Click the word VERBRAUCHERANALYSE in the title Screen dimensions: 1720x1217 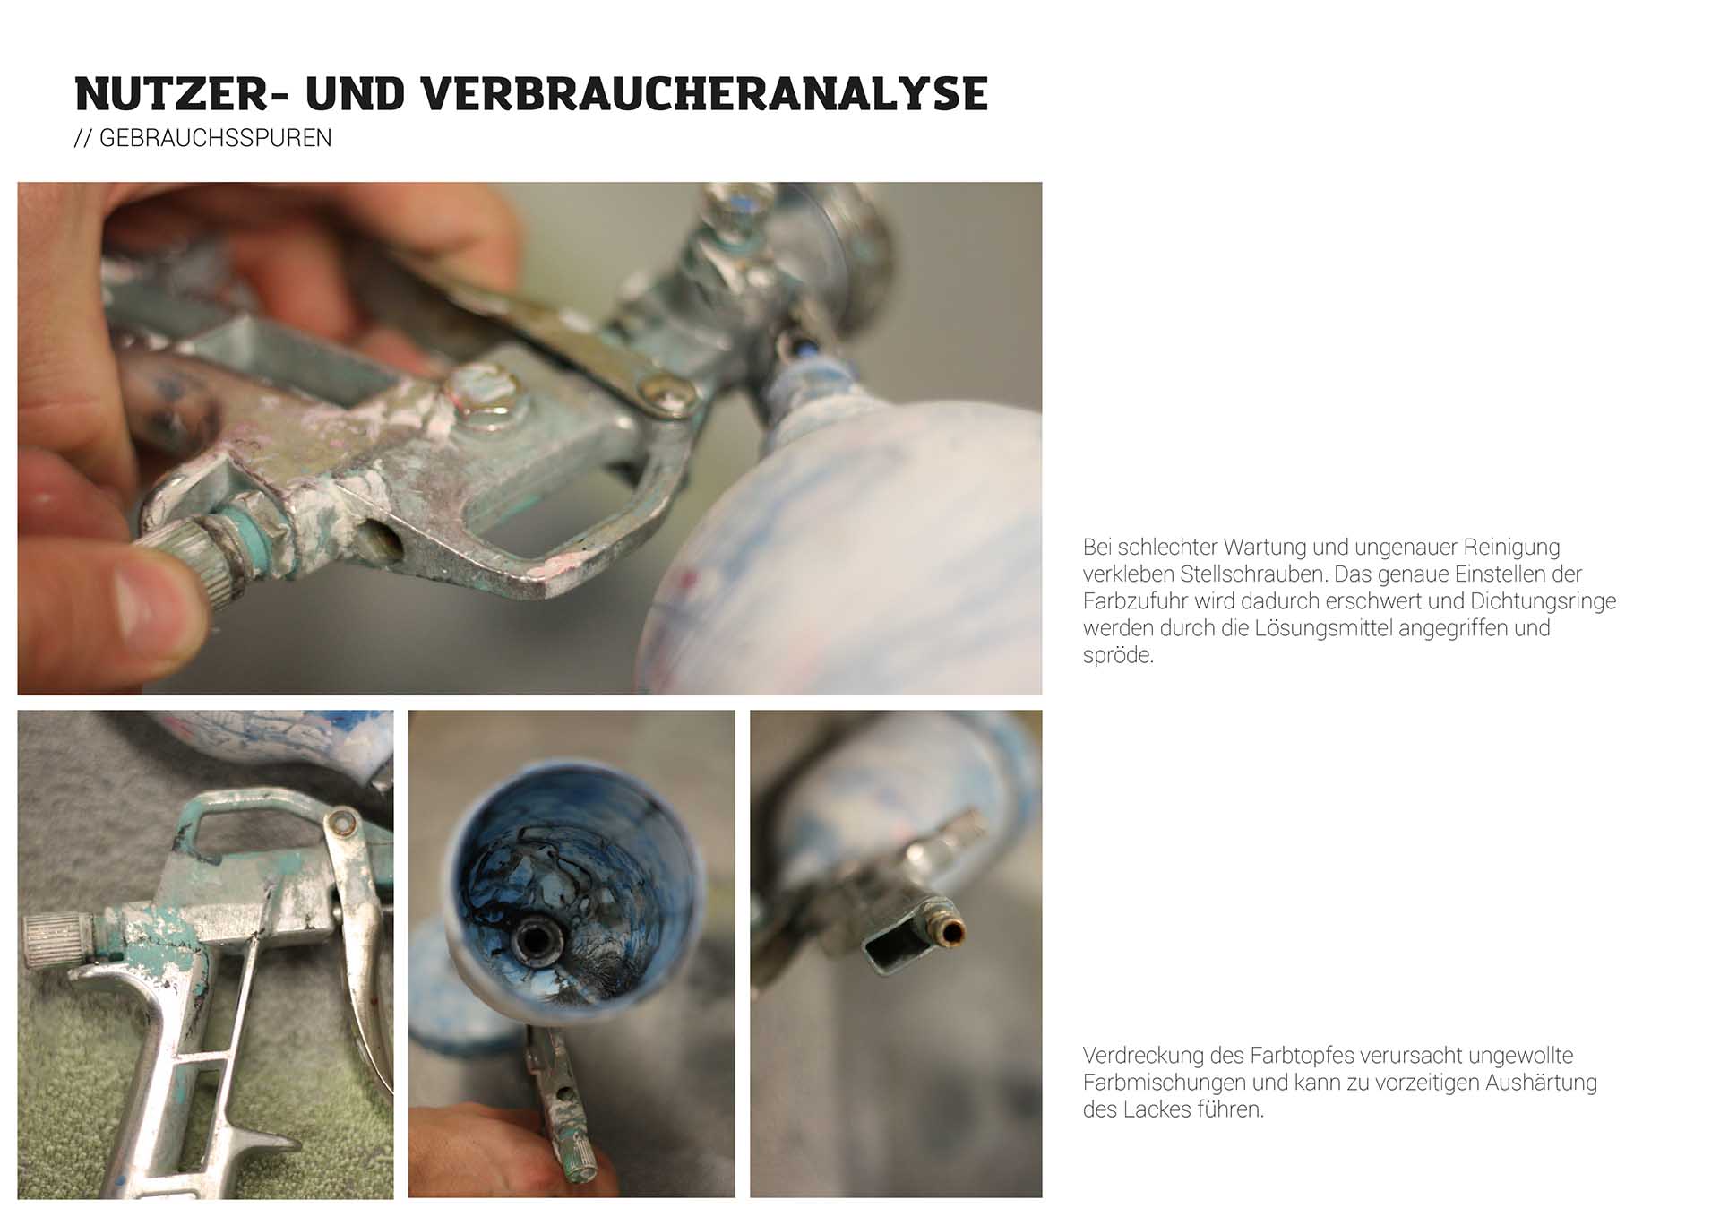point(704,94)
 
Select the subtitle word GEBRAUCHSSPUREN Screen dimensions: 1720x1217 point(215,138)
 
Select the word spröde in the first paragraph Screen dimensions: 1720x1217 point(1118,655)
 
